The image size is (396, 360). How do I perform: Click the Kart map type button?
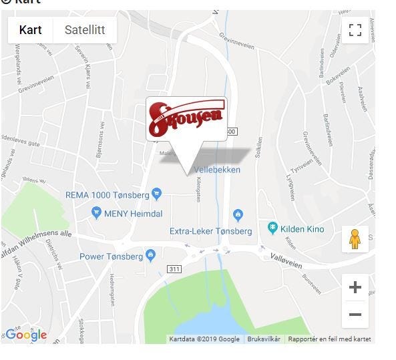31,30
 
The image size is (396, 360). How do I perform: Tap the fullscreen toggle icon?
355,30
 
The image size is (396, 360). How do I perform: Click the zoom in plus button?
355,288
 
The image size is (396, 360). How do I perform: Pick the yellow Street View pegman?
355,238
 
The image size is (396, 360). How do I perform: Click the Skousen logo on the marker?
186,118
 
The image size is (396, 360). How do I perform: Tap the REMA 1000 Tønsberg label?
108,195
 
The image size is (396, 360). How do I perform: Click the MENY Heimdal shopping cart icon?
96,213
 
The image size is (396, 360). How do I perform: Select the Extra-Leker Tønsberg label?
210,231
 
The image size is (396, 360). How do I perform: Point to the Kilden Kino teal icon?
272,228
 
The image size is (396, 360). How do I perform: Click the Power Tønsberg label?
111,256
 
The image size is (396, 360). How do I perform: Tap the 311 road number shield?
174,268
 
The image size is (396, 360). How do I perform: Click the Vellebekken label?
218,170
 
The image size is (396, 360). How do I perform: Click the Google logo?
25,335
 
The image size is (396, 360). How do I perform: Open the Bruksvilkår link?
264,339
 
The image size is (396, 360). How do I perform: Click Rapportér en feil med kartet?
329,339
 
